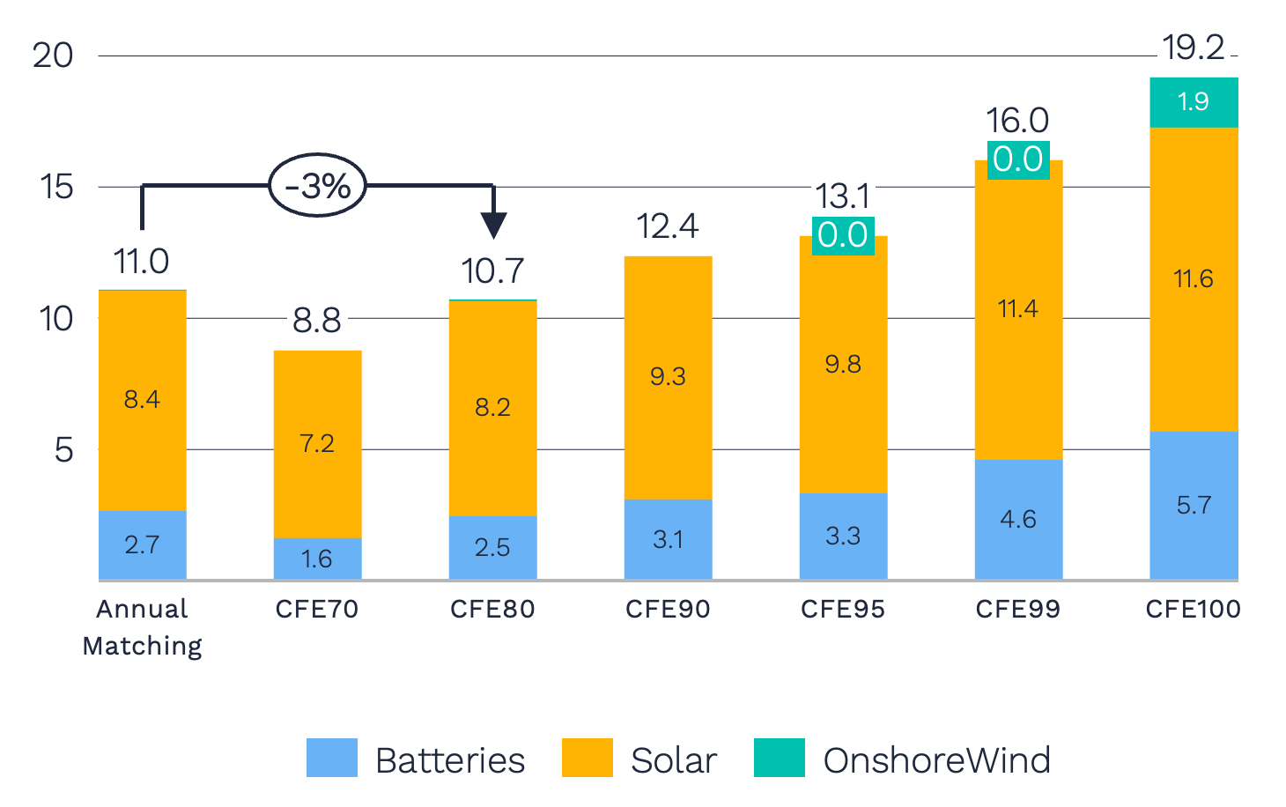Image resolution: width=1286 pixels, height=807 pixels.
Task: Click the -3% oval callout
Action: (x=317, y=185)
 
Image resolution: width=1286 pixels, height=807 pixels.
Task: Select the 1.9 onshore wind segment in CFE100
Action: (x=1194, y=102)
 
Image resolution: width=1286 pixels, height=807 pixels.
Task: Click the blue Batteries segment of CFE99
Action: (x=1018, y=519)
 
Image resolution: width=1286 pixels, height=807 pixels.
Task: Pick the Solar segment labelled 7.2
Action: (x=317, y=443)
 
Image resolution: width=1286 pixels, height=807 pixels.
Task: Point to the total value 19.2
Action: (x=1193, y=48)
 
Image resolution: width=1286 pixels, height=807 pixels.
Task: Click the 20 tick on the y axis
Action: (x=53, y=56)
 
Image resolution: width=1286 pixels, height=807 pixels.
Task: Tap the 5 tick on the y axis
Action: (x=63, y=450)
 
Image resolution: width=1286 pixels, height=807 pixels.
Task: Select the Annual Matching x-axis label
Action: (x=142, y=626)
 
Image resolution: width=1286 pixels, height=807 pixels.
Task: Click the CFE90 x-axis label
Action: (x=668, y=609)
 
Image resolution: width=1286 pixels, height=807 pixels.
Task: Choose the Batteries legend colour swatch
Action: (x=331, y=758)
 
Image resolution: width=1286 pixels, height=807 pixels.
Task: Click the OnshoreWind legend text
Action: (x=936, y=760)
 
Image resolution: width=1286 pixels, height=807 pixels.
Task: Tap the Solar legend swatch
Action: (x=587, y=758)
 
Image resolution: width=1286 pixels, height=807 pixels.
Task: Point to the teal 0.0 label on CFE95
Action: (x=843, y=235)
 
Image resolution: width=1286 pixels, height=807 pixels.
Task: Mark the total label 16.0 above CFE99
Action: (x=1017, y=121)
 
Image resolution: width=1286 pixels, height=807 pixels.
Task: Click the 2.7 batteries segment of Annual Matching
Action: (x=142, y=544)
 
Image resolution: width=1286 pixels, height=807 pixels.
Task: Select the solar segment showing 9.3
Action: (x=668, y=377)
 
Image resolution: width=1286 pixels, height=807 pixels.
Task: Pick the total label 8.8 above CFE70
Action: (x=317, y=321)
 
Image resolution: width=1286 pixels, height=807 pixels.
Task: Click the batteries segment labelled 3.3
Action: (x=843, y=536)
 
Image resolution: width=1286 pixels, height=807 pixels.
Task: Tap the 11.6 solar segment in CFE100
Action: (x=1194, y=279)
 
